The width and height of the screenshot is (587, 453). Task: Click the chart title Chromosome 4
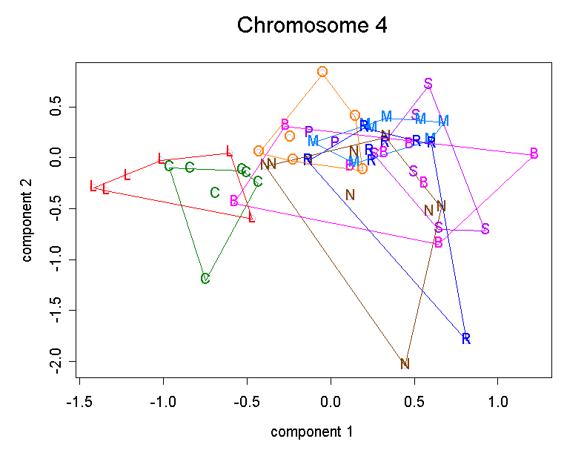coord(311,26)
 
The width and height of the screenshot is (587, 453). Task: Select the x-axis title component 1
coord(311,431)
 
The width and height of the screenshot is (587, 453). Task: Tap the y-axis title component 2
coord(27,220)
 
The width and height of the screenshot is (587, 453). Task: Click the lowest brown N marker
coord(405,364)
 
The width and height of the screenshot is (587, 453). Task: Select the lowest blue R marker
coord(466,339)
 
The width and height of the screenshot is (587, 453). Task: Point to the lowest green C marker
coord(205,279)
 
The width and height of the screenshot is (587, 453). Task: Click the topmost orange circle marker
coord(322,71)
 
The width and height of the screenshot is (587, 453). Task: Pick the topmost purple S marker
coord(428,83)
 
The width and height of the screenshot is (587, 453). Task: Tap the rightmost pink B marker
coord(534,153)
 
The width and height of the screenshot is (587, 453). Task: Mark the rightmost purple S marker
coord(485,228)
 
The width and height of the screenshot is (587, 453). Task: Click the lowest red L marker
coord(252,217)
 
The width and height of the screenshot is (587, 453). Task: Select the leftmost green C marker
coord(169,165)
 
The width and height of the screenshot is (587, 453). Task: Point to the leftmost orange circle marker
coord(259,151)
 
